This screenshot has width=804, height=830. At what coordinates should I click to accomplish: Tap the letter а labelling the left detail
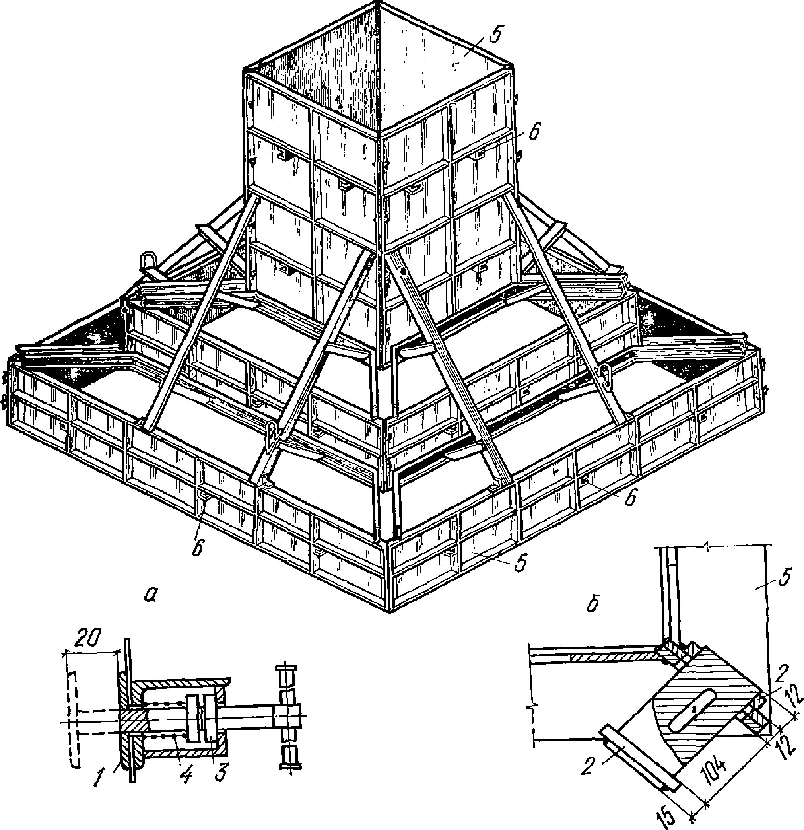point(149,595)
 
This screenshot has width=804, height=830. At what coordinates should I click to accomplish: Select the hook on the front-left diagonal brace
point(272,435)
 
